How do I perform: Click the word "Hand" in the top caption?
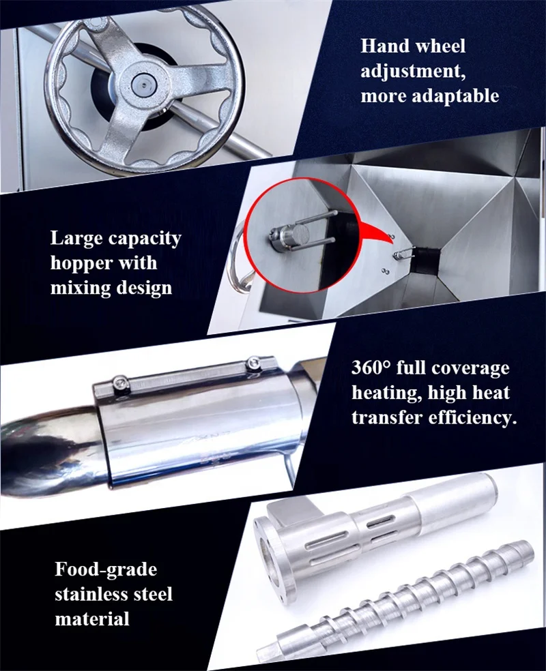(x=386, y=46)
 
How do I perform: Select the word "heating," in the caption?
(x=384, y=393)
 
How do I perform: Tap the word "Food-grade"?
(x=106, y=569)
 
